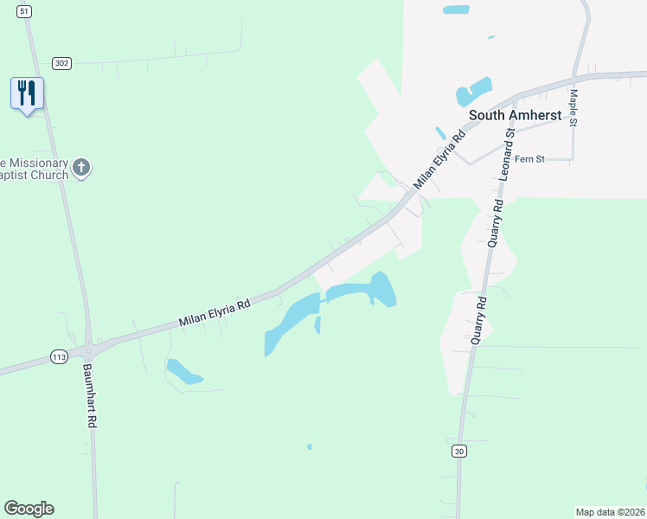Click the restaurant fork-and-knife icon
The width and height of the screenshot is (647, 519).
click(x=27, y=92)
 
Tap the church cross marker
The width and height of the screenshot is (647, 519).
click(x=81, y=167)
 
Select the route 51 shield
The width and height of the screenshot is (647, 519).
click(x=24, y=10)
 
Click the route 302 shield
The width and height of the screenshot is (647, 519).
click(x=61, y=63)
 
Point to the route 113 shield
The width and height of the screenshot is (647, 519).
click(x=59, y=356)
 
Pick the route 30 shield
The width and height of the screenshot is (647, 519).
click(x=458, y=451)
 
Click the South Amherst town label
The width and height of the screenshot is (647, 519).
click(x=515, y=114)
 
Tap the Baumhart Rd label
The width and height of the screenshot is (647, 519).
click(x=88, y=396)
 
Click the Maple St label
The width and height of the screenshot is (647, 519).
click(x=573, y=107)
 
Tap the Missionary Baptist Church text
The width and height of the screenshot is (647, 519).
click(x=35, y=170)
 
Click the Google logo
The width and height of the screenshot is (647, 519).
click(x=29, y=509)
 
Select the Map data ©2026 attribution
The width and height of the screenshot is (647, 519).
click(x=609, y=511)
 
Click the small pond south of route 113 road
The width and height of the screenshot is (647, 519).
click(x=183, y=371)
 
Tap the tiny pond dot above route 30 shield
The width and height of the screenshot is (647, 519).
click(x=309, y=446)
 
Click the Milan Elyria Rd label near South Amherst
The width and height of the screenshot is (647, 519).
click(x=439, y=161)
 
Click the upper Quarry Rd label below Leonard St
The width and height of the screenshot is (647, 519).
click(x=495, y=224)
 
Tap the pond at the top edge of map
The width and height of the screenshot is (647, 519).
click(x=456, y=10)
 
